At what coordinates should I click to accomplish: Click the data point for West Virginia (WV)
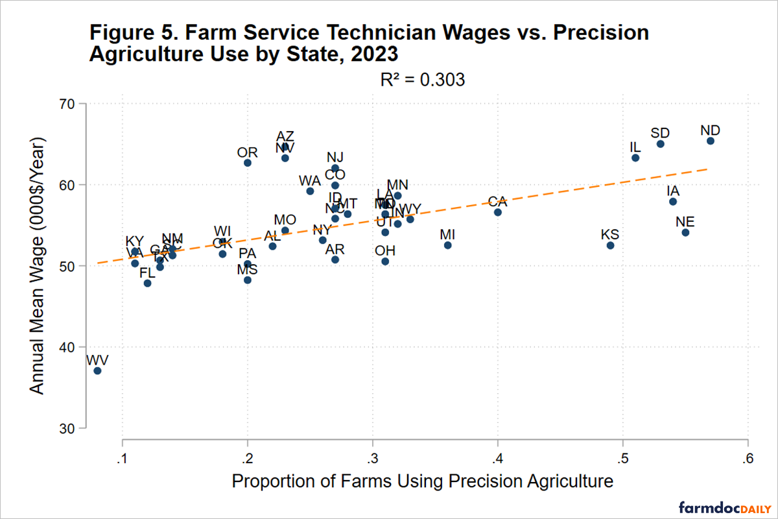click(97, 370)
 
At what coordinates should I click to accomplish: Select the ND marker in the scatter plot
click(711, 141)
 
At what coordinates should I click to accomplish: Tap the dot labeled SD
click(660, 144)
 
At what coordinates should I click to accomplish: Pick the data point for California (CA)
click(497, 212)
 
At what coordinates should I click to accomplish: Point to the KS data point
click(610, 245)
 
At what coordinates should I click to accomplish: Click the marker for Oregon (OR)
click(247, 163)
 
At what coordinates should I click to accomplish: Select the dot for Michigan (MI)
click(447, 245)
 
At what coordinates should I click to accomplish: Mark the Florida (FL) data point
click(147, 284)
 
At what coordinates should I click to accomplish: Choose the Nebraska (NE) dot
click(685, 232)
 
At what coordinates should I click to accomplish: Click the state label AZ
click(285, 136)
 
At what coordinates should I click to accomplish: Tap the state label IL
click(635, 147)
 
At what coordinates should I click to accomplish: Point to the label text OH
click(385, 250)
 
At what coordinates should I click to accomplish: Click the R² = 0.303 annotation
click(423, 80)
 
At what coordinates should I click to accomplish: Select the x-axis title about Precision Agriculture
click(422, 481)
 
